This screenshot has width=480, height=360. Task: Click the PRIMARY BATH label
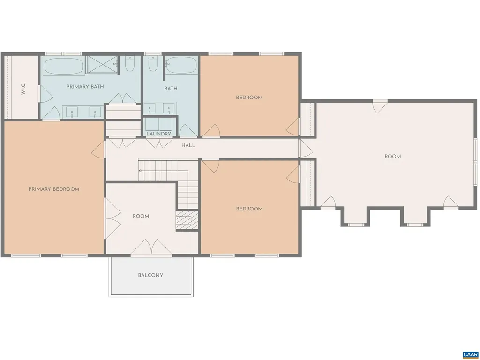click(x=85, y=87)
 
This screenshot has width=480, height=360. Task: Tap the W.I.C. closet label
click(x=23, y=89)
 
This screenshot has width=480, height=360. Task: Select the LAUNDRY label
click(x=159, y=134)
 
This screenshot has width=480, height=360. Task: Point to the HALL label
click(x=188, y=146)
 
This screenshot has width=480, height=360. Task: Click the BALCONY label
click(x=150, y=275)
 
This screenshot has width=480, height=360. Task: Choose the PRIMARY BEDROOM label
click(x=54, y=189)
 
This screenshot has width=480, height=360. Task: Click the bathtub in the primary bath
click(x=64, y=66)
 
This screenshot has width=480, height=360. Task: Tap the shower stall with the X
click(x=101, y=65)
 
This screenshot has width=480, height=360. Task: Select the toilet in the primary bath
click(x=130, y=64)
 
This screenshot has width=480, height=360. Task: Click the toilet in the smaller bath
click(x=153, y=64)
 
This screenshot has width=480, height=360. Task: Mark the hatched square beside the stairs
click(x=187, y=220)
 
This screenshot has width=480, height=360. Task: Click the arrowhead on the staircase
click(x=140, y=171)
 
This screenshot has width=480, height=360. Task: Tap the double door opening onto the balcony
click(x=151, y=248)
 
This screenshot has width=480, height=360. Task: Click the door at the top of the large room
click(x=380, y=106)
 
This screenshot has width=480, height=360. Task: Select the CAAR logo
click(x=470, y=354)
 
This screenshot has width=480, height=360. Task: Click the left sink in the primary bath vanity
click(x=72, y=112)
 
